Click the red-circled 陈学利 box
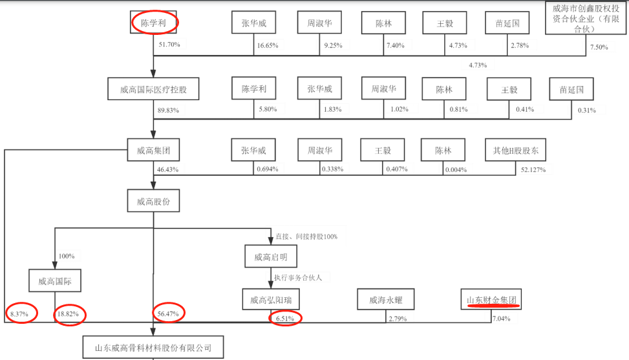click(154, 23)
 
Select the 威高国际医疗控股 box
click(153, 90)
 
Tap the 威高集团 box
click(153, 152)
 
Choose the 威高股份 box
click(153, 202)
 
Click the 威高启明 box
click(271, 257)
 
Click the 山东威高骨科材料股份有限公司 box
click(153, 347)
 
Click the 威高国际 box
click(55, 281)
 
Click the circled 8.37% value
click(19, 314)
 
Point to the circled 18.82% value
click(69, 314)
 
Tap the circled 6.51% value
click(285, 319)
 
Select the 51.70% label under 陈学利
click(170, 44)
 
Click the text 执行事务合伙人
click(303, 277)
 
